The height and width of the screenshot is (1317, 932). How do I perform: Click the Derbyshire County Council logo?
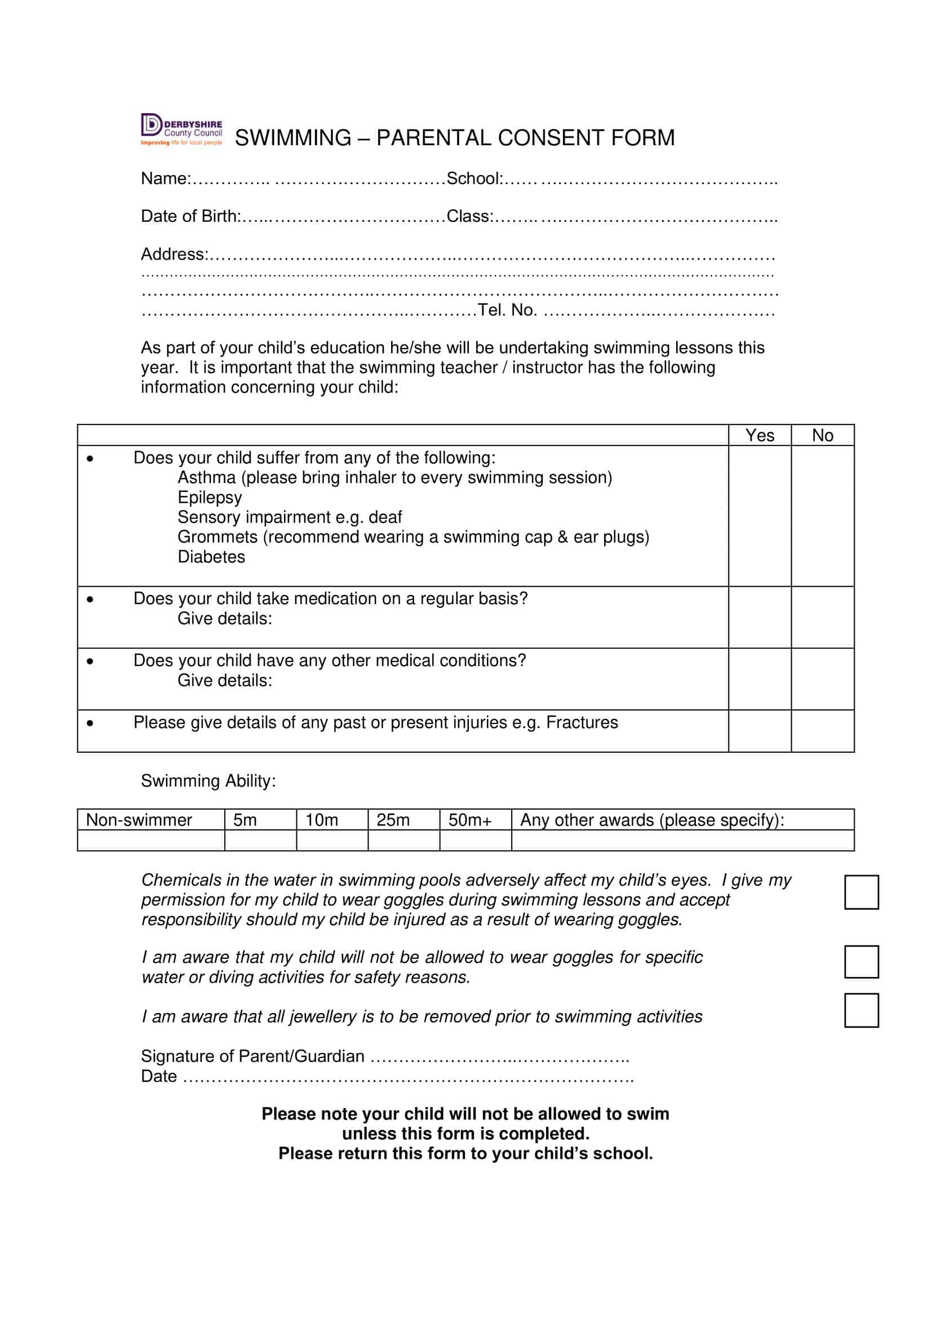(x=181, y=130)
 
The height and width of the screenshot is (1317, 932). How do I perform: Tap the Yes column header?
(x=759, y=435)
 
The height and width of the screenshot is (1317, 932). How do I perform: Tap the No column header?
(x=822, y=435)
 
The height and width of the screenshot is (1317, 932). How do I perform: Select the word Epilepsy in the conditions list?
(x=210, y=497)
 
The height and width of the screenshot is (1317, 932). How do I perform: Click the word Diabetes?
(x=211, y=557)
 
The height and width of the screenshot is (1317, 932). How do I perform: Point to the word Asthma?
(x=206, y=477)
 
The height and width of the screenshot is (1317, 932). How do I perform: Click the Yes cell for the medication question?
(x=759, y=617)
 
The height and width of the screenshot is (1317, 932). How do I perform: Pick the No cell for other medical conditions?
(x=822, y=679)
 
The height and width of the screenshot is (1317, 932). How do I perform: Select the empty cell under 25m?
(x=403, y=841)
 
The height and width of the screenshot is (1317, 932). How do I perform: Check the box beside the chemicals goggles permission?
(x=861, y=892)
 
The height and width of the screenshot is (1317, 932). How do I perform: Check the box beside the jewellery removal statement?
(x=861, y=1011)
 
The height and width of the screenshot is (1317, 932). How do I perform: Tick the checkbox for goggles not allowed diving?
(x=861, y=962)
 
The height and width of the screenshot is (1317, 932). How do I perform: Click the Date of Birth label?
(x=190, y=216)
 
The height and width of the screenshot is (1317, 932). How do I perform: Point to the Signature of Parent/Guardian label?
(x=252, y=1056)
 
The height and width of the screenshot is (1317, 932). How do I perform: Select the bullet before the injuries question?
(x=90, y=724)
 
